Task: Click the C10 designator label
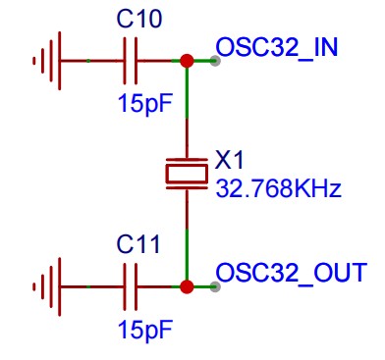coord(139,19)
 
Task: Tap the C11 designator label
coord(138,244)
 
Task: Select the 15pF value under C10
coord(144,103)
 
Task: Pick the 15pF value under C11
coord(144,330)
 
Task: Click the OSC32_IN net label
coord(277,48)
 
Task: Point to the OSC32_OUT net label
coord(292,273)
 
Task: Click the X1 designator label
coord(229,160)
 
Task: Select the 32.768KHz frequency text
coord(279,188)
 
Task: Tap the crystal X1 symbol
coord(187,174)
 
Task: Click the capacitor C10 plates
coord(131,61)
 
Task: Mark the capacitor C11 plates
coord(131,287)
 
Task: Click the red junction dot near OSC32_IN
coord(187,61)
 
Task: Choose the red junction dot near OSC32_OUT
coord(187,286)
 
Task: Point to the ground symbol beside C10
coord(47,61)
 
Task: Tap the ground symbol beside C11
coord(47,287)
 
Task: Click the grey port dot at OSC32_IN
coord(215,61)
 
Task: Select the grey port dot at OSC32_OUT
coord(215,286)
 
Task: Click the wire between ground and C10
coord(92,61)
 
